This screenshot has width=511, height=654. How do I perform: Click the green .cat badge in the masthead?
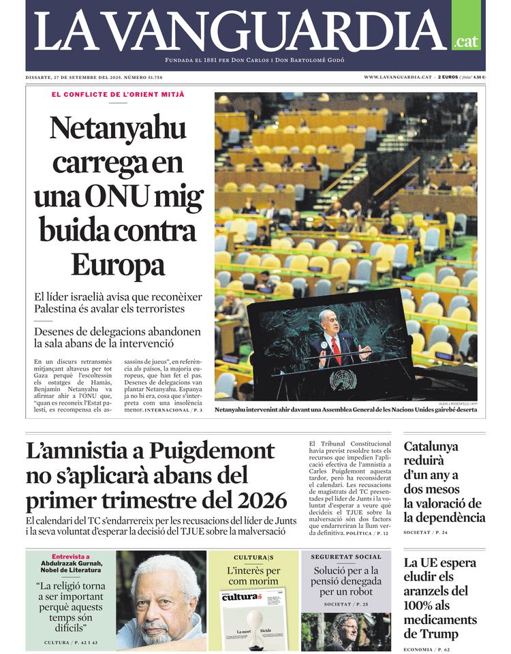(x=467, y=41)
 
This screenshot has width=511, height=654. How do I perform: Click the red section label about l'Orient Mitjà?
(x=118, y=94)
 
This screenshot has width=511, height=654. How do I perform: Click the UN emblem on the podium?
(x=343, y=379)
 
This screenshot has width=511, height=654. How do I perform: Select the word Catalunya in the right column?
(x=431, y=447)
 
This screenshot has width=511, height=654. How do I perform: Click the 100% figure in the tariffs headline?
(x=422, y=606)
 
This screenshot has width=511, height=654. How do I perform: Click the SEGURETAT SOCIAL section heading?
(x=346, y=557)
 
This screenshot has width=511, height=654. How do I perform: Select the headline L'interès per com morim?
(x=253, y=576)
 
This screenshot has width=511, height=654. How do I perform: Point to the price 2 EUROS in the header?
(x=448, y=77)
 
